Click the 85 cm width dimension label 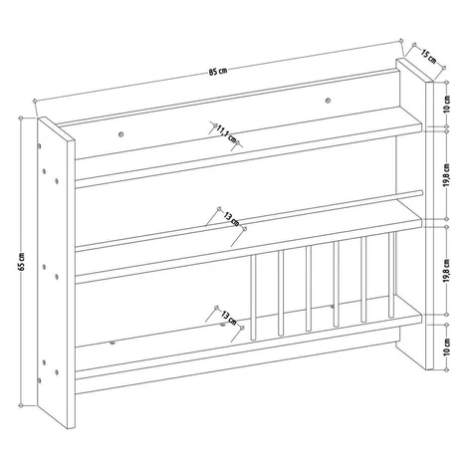point(218,71)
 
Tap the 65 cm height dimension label point(22,262)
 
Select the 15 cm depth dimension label point(429,56)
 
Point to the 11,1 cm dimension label point(227,133)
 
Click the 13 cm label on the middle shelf point(231,218)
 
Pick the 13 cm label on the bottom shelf point(229,318)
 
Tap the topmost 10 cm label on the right point(447,104)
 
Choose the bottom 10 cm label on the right point(447,347)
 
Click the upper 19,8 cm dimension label point(447,174)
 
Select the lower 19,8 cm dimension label point(447,271)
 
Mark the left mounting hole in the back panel point(120,134)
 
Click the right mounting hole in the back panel point(328,100)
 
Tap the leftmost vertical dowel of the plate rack point(253,297)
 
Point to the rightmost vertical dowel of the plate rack point(391,275)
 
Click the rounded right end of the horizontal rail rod point(420,192)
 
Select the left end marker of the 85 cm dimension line point(35,101)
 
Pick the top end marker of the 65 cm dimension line point(21,117)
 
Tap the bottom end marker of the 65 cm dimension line point(21,405)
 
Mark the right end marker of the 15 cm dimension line point(444,68)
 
